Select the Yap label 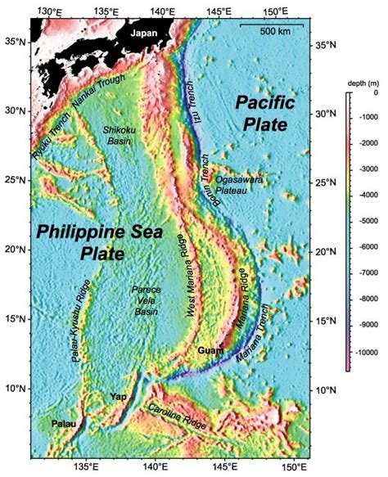118,397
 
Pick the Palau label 63,424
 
